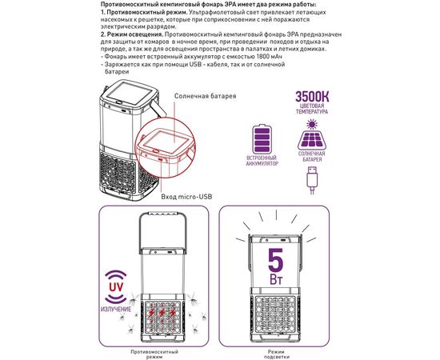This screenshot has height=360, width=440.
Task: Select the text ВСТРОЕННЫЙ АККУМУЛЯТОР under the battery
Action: (262, 163)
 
